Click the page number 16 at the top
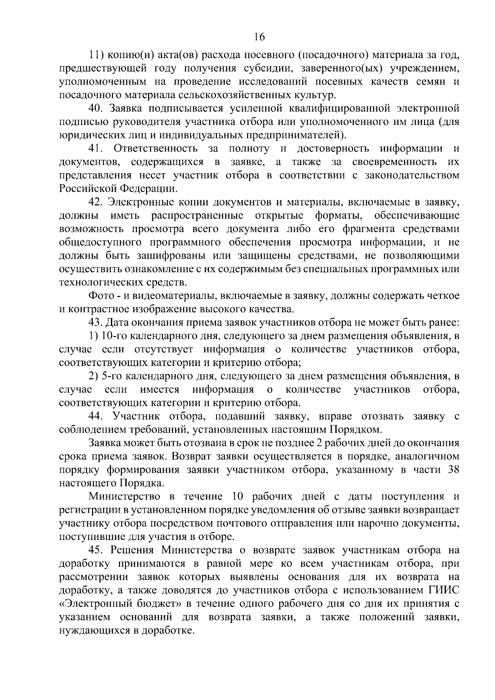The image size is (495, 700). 259,37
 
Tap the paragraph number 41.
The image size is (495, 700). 96,148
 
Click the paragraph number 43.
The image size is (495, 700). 96,323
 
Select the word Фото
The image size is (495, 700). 99,296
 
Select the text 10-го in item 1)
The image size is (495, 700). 111,336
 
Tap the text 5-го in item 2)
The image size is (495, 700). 109,376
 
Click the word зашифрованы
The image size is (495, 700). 164,256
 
